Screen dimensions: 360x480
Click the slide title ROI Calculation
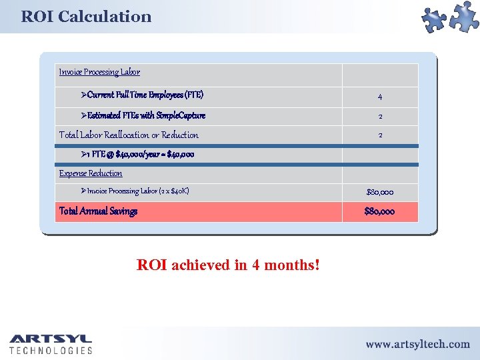pyautogui.click(x=86, y=17)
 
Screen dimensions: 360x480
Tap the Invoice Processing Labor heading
pyautogui.click(x=99, y=72)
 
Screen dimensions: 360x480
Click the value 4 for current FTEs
pyautogui.click(x=380, y=97)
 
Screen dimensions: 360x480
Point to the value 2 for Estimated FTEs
pyautogui.click(x=380, y=116)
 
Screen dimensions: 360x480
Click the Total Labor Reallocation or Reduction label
pyautogui.click(x=129, y=135)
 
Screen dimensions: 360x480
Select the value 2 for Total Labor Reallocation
pyautogui.click(x=380, y=135)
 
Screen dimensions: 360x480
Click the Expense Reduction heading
pyautogui.click(x=91, y=173)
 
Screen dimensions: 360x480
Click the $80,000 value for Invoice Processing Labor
pyautogui.click(x=379, y=192)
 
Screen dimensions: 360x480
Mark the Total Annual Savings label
pyautogui.click(x=98, y=211)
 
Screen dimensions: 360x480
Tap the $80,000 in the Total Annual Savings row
pyautogui.click(x=379, y=212)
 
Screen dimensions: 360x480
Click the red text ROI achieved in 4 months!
pyautogui.click(x=228, y=265)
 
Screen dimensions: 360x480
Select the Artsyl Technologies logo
pyautogui.click(x=51, y=343)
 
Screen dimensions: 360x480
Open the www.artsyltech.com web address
pyautogui.click(x=417, y=344)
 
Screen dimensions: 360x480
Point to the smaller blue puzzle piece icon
pyautogui.click(x=435, y=21)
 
